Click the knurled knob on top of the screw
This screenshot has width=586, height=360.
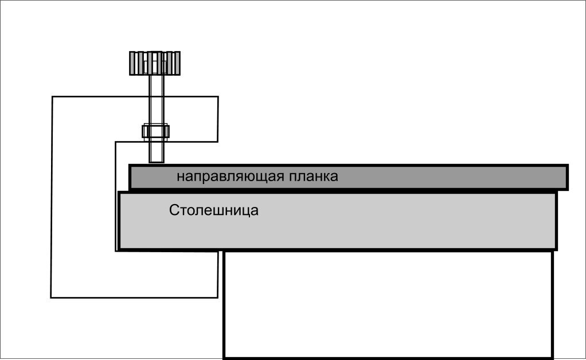coord(155,63)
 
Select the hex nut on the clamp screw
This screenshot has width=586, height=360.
coord(155,131)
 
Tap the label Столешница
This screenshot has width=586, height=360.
coord(214,210)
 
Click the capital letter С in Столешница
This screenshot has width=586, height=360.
coord(174,210)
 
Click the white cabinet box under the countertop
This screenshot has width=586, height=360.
coord(388,304)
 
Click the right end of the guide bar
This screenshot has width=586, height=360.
coord(564,177)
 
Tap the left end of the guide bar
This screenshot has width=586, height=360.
coord(132,177)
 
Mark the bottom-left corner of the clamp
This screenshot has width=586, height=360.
coord(52,297)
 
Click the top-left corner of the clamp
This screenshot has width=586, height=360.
coord(53,97)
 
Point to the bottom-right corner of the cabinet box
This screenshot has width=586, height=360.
coord(553,357)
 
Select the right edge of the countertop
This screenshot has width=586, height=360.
coord(556,221)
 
